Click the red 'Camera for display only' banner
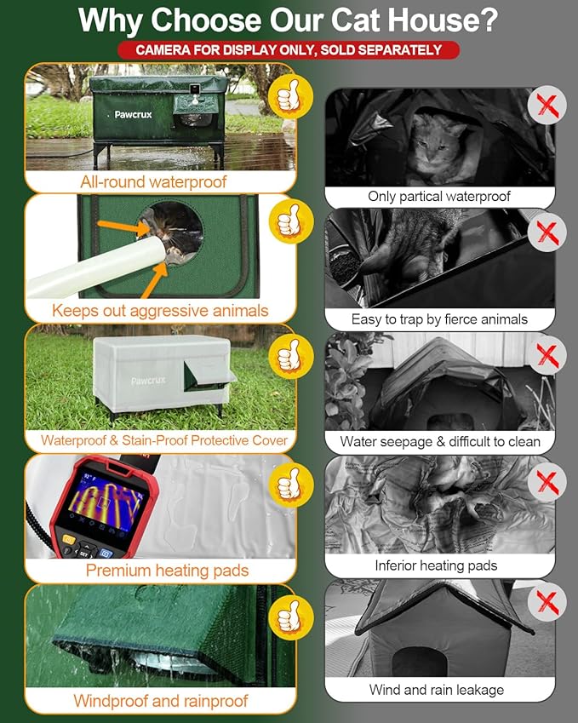point(289,50)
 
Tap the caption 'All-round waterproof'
point(153,181)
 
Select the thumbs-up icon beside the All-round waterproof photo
point(290,95)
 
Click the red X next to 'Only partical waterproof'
point(547,106)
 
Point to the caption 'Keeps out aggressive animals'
point(160,311)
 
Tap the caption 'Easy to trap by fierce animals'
point(439,319)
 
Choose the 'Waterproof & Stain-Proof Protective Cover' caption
point(164,441)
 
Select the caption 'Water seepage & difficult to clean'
point(439,441)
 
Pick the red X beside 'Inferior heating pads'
point(547,482)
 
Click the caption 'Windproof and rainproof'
point(160,701)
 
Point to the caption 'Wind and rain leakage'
point(437,690)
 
